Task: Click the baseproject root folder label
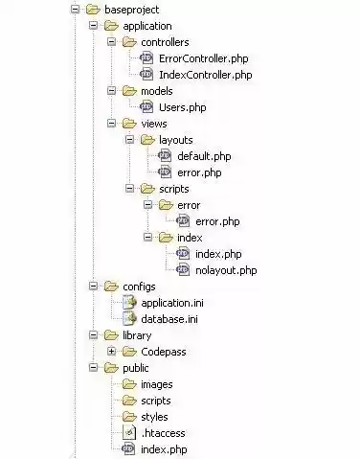pos(133,10)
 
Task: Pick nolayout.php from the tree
pos(225,269)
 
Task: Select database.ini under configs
pos(168,318)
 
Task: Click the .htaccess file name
pos(163,432)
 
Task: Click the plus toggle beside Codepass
pos(112,352)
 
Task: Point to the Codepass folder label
pos(164,352)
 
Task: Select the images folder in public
pos(157,384)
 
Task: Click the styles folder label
pos(154,417)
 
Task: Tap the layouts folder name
pos(176,139)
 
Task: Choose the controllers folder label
pos(165,42)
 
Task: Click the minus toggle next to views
pos(112,123)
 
